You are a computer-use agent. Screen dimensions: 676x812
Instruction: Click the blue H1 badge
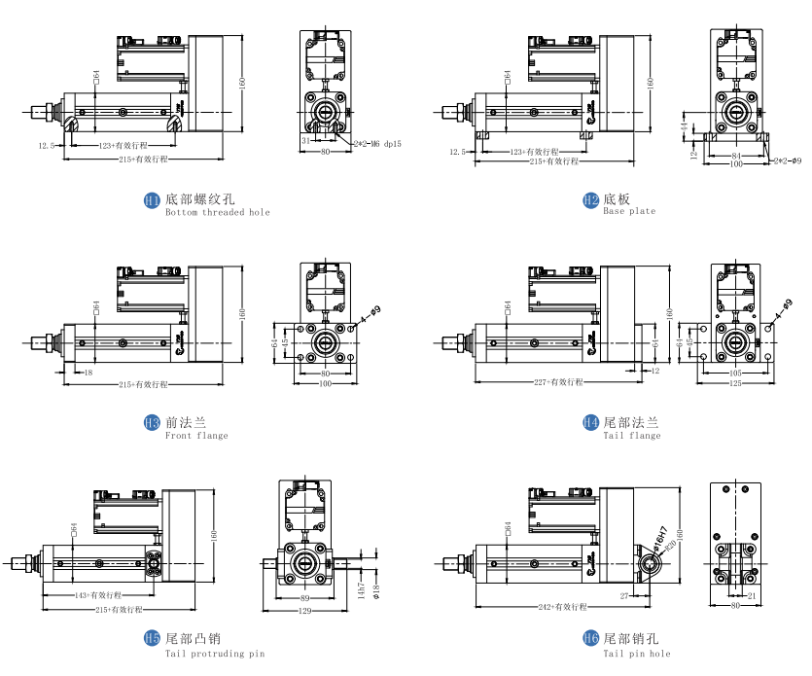coord(152,200)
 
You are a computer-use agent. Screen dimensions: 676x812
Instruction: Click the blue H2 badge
coord(590,200)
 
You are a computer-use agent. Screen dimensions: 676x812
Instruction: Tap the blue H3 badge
coord(152,423)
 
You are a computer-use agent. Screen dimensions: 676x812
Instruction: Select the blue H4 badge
coord(590,423)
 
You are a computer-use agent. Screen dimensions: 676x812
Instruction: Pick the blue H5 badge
coord(152,639)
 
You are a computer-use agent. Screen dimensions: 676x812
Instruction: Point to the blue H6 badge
coord(590,639)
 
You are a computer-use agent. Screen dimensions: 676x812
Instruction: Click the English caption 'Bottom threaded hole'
coord(218,212)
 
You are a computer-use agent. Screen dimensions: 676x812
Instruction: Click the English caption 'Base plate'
coord(629,211)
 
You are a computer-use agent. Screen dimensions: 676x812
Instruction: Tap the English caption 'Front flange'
coord(196,436)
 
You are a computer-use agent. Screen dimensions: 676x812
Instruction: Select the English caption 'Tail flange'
coord(632,436)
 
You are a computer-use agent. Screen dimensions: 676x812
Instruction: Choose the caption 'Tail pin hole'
coord(636,653)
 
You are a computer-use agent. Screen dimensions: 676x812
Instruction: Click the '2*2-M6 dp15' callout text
coord(378,143)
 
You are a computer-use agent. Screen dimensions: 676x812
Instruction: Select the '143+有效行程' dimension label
coord(98,594)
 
